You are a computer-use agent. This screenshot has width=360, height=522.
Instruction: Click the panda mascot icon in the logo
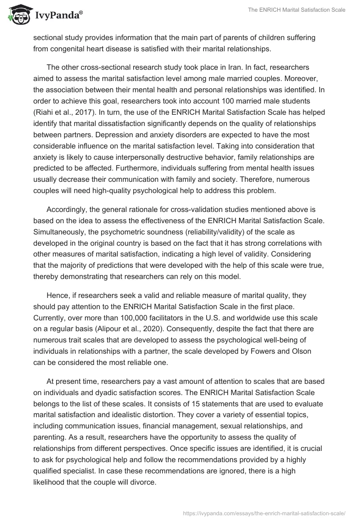click(17, 15)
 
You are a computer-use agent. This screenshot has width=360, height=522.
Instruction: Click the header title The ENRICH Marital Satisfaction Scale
click(297, 10)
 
